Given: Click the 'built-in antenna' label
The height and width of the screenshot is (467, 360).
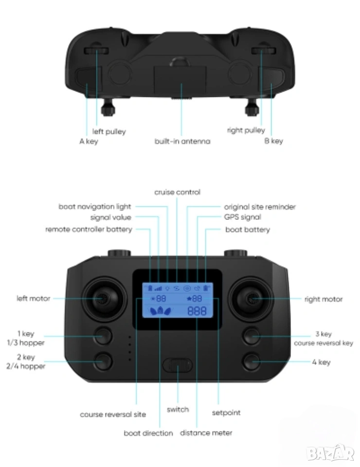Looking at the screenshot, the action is pos(182,141).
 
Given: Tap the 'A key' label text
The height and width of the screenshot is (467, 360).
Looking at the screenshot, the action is pos(89,142).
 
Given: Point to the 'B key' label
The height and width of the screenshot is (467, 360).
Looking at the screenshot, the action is pos(273,141).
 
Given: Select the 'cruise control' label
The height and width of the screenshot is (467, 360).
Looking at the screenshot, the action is pos(177,192).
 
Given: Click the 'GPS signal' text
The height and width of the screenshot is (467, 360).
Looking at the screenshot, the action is pos(242,217).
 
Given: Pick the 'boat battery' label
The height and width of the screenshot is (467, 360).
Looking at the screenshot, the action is pos(248,230).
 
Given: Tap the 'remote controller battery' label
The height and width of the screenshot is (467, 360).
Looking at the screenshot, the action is pos(89,229).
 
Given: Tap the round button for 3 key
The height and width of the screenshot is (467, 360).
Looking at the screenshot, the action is pos(252,336).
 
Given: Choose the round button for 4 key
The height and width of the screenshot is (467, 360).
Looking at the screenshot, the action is pos(252,361).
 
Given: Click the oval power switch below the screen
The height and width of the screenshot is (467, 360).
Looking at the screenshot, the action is pos(178,365).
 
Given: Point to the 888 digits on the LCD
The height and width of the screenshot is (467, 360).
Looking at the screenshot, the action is pos(197,311).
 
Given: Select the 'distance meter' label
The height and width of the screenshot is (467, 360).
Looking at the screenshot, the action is pos(206,433).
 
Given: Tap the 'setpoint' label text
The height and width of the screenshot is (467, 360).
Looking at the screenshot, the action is pos(226,413).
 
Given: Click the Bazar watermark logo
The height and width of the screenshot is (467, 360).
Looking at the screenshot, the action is pos(330,453).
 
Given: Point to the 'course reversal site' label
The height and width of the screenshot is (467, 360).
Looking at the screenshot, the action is pos(113,414).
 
